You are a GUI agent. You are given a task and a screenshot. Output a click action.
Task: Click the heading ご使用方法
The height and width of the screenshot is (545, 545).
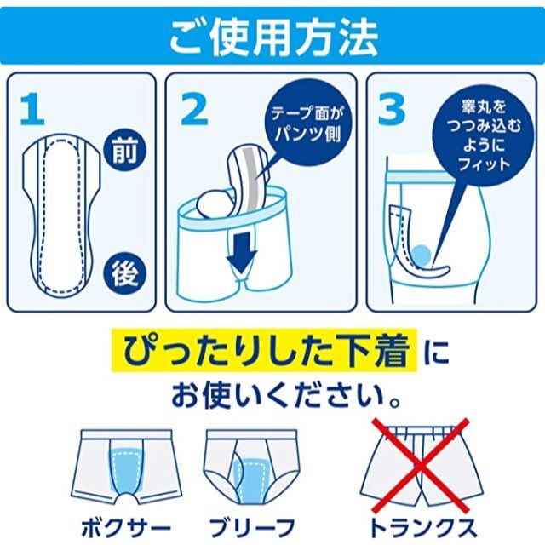(x=273, y=37)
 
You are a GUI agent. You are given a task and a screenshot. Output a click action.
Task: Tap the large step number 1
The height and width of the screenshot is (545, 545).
(x=32, y=108)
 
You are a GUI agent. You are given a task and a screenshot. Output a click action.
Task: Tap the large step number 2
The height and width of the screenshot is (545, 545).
(x=195, y=108)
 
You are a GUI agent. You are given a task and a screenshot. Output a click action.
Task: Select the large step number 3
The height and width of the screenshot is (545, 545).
(x=392, y=108)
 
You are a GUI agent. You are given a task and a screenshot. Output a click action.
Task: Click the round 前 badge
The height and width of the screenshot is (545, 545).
(x=124, y=150)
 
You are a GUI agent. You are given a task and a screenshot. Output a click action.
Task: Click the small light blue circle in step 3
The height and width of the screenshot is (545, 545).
(x=422, y=255)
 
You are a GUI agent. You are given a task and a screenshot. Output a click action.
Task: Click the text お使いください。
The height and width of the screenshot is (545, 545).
(x=285, y=395)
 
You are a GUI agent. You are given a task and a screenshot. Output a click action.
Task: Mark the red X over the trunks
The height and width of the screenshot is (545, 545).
(x=420, y=465)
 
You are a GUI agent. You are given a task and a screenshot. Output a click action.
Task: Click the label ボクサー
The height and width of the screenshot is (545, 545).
(x=126, y=528)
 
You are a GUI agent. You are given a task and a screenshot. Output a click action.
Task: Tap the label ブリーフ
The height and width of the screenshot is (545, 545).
(x=253, y=528)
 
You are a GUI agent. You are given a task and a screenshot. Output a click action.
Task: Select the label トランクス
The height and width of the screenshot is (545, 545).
(x=422, y=528)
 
